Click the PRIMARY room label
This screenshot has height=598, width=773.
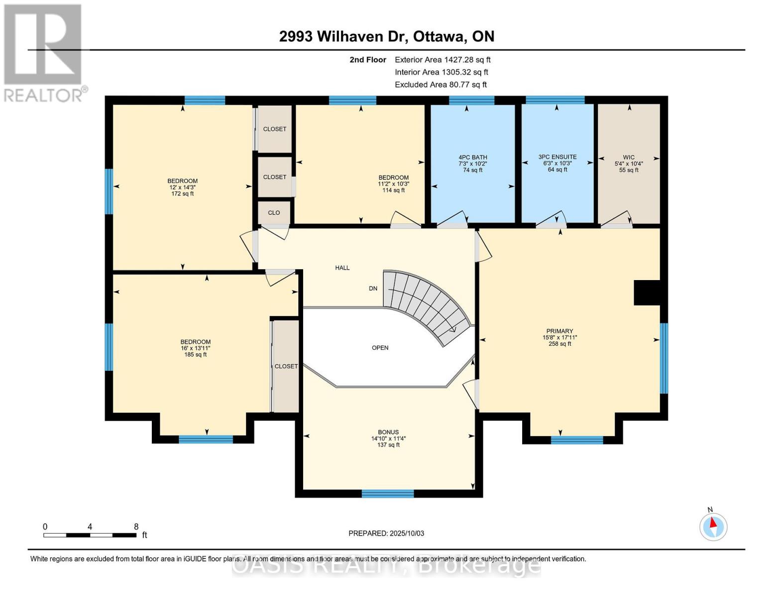click(x=559, y=331)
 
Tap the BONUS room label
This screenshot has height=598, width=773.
click(x=388, y=432)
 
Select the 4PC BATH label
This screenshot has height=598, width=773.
click(x=472, y=157)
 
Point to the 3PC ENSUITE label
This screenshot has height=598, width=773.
click(x=557, y=156)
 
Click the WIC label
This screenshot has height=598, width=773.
click(x=629, y=157)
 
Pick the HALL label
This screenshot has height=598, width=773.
click(x=342, y=268)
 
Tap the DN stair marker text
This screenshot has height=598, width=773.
click(x=373, y=289)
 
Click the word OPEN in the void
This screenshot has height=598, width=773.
click(x=380, y=348)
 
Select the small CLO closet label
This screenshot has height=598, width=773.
click(x=274, y=213)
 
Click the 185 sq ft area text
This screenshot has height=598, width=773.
click(x=195, y=355)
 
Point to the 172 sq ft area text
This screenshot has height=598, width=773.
click(x=183, y=194)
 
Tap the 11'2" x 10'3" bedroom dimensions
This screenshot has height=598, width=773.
click(x=393, y=184)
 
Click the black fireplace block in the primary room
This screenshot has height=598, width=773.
click(x=647, y=293)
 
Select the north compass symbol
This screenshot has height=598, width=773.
click(x=713, y=527)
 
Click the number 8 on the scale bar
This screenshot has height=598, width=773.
click(x=136, y=526)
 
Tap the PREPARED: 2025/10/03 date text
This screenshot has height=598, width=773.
click(x=386, y=533)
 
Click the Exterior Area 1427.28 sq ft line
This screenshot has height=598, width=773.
click(x=442, y=60)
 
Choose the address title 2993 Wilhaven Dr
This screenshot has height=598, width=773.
click(x=343, y=36)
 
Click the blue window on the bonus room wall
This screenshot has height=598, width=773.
click(x=388, y=494)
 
